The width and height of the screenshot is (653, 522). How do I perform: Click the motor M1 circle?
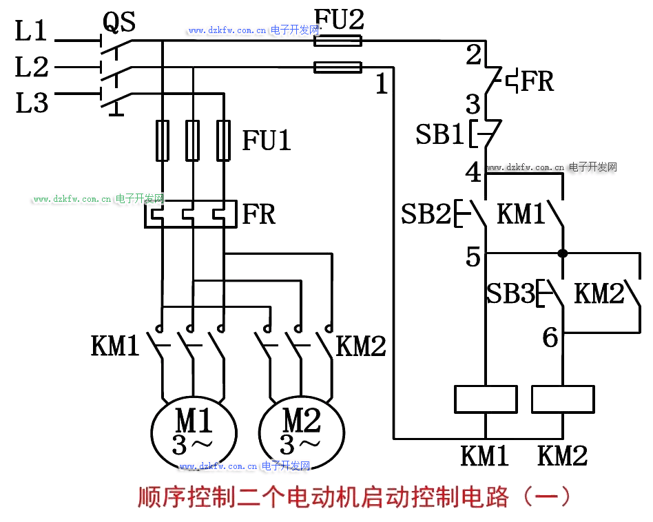click(194, 432)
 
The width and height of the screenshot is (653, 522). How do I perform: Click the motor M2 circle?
click(302, 432)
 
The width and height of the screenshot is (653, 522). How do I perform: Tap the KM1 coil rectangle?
click(486, 399)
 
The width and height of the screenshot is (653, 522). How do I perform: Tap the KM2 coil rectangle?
click(563, 399)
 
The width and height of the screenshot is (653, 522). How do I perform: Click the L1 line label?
click(31, 31)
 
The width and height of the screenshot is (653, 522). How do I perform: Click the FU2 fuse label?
click(338, 19)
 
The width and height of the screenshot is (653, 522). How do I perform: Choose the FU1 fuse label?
click(267, 140)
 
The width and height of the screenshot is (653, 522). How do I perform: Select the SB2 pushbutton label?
click(425, 214)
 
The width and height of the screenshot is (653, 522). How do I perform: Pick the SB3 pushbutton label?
click(510, 294)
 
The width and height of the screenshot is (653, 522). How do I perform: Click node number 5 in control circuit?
click(473, 258)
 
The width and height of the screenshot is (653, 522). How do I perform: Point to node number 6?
click(550, 338)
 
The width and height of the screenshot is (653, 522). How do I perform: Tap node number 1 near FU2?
click(382, 85)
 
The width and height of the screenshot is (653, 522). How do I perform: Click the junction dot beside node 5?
click(563, 253)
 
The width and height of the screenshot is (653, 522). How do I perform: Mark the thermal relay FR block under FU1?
click(191, 214)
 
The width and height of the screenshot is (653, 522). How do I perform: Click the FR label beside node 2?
click(537, 81)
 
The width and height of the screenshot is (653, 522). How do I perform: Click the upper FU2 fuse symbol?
click(338, 41)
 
